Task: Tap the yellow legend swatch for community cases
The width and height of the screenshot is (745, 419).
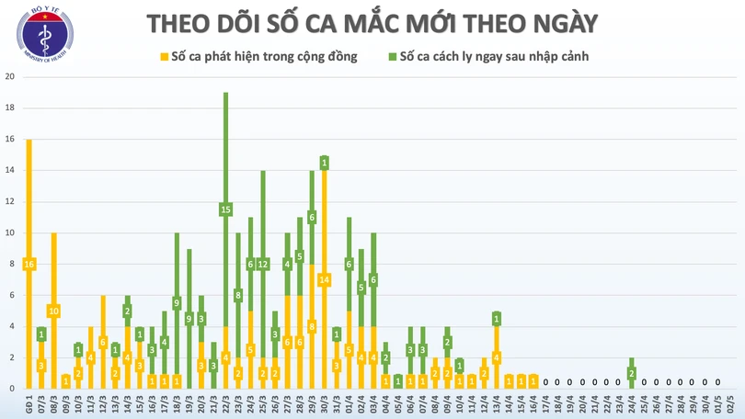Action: click(x=164, y=57)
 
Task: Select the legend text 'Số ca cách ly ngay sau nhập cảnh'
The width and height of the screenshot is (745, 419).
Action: click(x=494, y=57)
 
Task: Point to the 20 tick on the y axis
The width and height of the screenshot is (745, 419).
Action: click(x=9, y=77)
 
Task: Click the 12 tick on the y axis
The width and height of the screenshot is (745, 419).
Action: click(x=9, y=201)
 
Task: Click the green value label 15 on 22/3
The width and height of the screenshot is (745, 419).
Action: click(x=225, y=209)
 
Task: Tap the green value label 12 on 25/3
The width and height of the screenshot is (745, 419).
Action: click(x=263, y=264)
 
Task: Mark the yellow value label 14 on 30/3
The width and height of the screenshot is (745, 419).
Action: click(x=325, y=279)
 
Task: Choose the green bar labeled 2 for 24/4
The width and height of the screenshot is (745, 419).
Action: click(x=632, y=372)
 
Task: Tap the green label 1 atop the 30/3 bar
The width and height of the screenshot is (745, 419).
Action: click(x=325, y=163)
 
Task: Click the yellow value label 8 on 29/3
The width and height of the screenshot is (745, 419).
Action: click(x=312, y=326)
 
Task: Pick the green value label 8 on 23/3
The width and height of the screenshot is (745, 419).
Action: click(x=238, y=295)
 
